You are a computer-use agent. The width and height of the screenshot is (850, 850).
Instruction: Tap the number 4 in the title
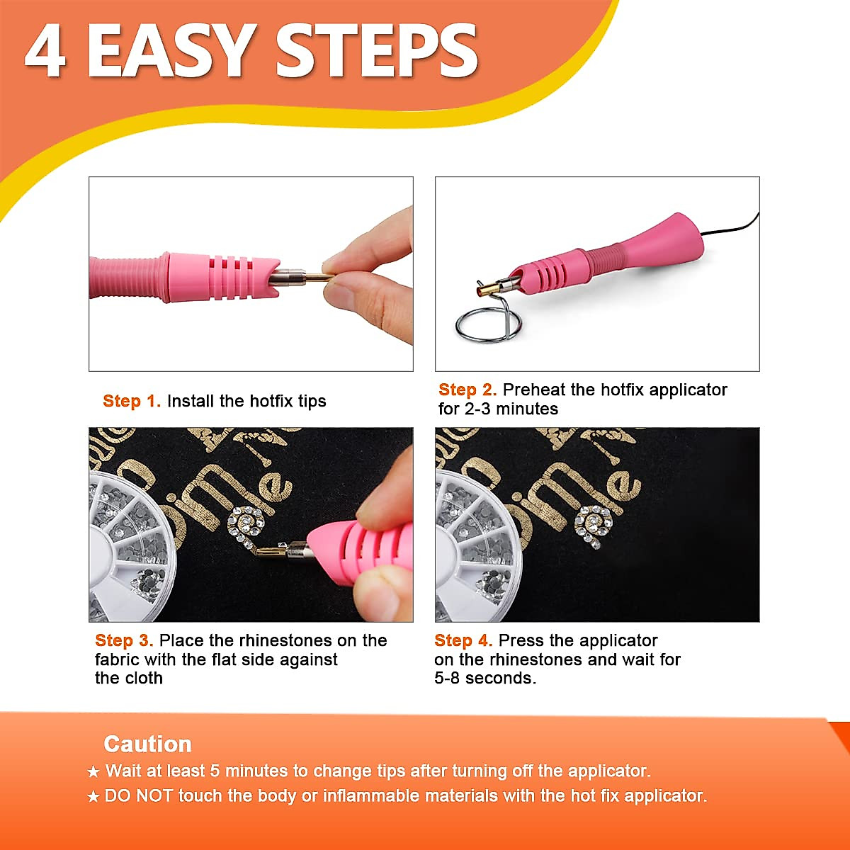coord(45,51)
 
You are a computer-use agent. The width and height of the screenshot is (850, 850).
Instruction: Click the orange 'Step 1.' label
coord(132,401)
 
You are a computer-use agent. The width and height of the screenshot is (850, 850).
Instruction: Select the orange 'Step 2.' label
coord(467,390)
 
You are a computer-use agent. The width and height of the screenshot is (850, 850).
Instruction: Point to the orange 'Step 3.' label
coord(124,640)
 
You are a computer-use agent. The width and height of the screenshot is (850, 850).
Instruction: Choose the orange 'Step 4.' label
coord(463,640)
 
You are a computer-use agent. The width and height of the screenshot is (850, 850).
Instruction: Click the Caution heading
coord(147,744)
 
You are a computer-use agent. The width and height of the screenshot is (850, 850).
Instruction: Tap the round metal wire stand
coord(488,323)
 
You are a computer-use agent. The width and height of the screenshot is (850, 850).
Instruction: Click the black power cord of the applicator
coord(733,229)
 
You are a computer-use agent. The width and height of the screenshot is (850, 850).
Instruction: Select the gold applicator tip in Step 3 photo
coord(268,549)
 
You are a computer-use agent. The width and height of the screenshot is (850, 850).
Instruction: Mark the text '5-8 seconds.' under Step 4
coord(485,678)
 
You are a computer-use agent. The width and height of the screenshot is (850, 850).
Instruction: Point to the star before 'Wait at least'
coord(93,771)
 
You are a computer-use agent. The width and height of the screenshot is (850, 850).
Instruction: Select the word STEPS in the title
coord(376,51)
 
